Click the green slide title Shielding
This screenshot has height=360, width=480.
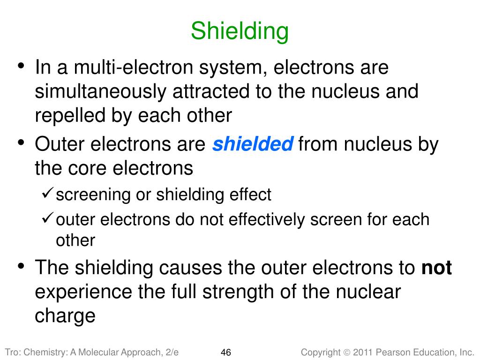tap(240, 31)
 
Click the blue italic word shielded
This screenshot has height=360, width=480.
tap(253, 144)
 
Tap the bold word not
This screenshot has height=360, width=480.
tap(436, 268)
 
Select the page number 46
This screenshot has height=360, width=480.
tap(225, 352)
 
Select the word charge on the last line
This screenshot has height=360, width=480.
tap(65, 316)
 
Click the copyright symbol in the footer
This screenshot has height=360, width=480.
tap(346, 352)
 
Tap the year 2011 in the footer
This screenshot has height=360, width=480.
tap(364, 352)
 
